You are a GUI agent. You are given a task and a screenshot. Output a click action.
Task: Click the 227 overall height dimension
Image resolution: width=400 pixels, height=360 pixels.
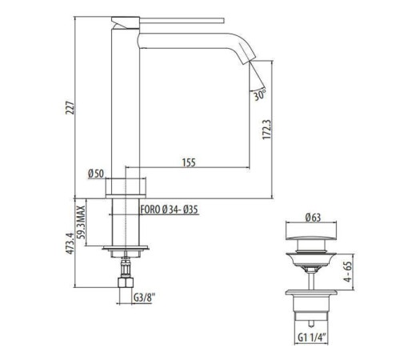[70, 107]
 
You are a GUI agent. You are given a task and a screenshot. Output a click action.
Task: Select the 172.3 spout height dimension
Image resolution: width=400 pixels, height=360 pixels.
[266, 130]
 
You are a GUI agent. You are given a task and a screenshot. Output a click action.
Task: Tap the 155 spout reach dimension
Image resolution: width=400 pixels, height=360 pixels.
[189, 162]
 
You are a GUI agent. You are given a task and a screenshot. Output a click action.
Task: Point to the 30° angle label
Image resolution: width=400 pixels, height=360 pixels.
[259, 95]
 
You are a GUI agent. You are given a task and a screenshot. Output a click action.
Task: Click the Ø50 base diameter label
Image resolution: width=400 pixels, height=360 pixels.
[96, 174]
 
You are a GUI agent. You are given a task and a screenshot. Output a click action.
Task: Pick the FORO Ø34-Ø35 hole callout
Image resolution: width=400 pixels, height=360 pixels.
[170, 210]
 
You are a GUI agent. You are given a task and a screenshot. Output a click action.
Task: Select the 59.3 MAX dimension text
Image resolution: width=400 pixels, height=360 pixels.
[81, 222]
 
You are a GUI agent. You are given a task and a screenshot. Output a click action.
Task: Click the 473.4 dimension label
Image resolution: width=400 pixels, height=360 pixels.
[70, 243]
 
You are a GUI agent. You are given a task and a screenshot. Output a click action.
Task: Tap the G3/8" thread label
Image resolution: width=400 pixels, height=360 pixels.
[144, 298]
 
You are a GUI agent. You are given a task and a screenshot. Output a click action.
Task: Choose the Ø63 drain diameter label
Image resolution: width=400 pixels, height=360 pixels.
[313, 218]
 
